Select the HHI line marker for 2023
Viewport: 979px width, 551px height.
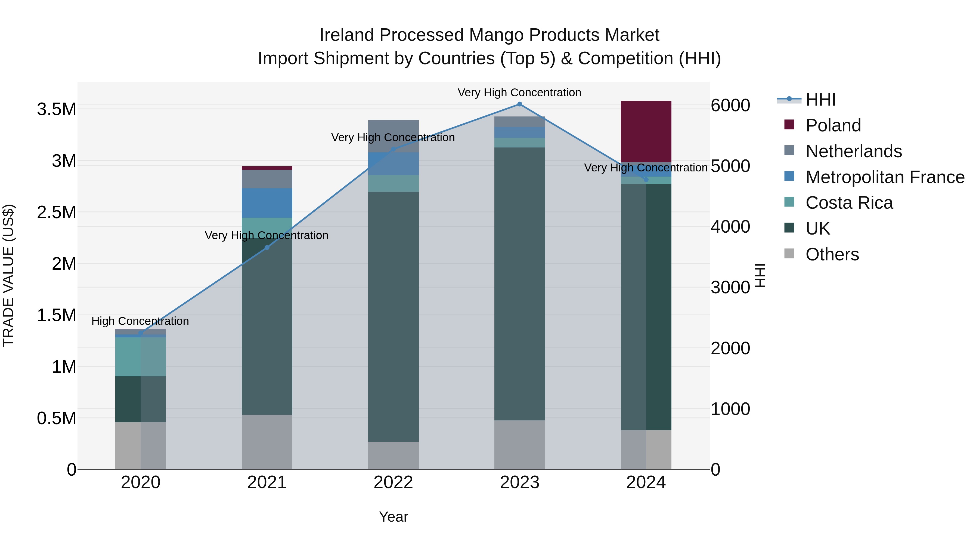[x=519, y=104]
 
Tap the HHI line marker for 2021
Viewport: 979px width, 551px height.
[x=267, y=248]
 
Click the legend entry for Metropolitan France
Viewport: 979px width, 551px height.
[x=885, y=177]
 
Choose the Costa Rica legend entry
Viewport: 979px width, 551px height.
[x=849, y=203]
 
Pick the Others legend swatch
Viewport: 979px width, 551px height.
[x=789, y=254]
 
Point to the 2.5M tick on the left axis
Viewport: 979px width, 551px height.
[x=57, y=213]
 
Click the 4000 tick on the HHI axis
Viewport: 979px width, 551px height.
[x=730, y=227]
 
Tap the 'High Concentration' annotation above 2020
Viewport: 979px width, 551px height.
[x=140, y=321]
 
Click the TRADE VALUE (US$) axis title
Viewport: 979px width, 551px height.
[x=8, y=275]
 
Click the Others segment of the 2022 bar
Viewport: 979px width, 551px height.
[x=393, y=455]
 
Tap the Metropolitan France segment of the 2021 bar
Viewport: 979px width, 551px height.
[x=267, y=203]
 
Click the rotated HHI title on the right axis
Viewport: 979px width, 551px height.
[x=760, y=275]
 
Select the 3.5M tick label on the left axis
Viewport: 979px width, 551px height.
[x=57, y=109]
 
